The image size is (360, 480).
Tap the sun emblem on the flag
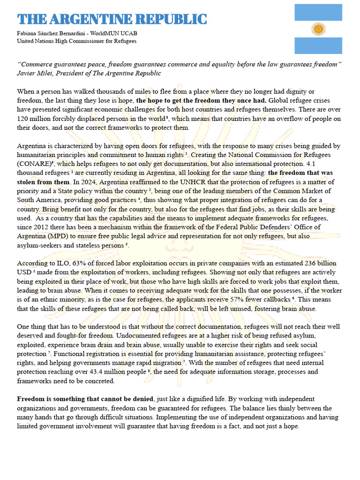(318, 29)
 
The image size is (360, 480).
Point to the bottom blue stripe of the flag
(318, 46)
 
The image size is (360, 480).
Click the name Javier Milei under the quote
(35, 73)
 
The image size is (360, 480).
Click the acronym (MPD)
(55, 236)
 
